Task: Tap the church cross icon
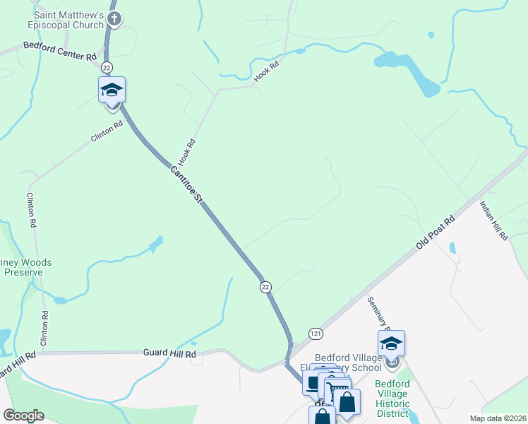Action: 114,20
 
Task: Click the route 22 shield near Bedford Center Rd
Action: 106,66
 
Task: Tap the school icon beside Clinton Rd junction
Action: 112,90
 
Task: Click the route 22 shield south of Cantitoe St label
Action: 265,286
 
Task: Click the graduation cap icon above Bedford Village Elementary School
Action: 391,343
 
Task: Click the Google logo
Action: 23,416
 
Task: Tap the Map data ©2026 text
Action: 498,418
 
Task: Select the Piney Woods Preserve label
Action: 25,267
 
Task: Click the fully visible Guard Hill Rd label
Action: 169,352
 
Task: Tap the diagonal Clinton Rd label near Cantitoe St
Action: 107,131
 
